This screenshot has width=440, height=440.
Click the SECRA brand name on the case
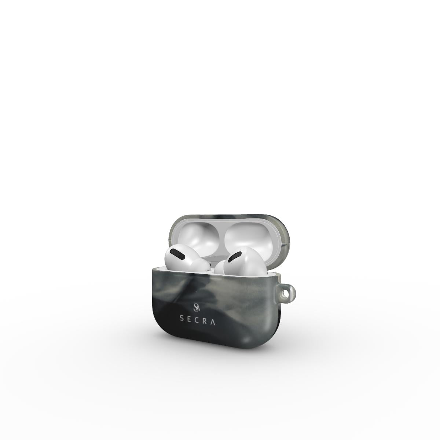pos(197,318)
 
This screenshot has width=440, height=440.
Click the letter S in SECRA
pos(181,319)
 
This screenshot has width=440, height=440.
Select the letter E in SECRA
pos(189,319)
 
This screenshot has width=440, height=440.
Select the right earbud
pos(242,262)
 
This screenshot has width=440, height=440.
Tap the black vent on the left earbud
pos(178,253)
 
